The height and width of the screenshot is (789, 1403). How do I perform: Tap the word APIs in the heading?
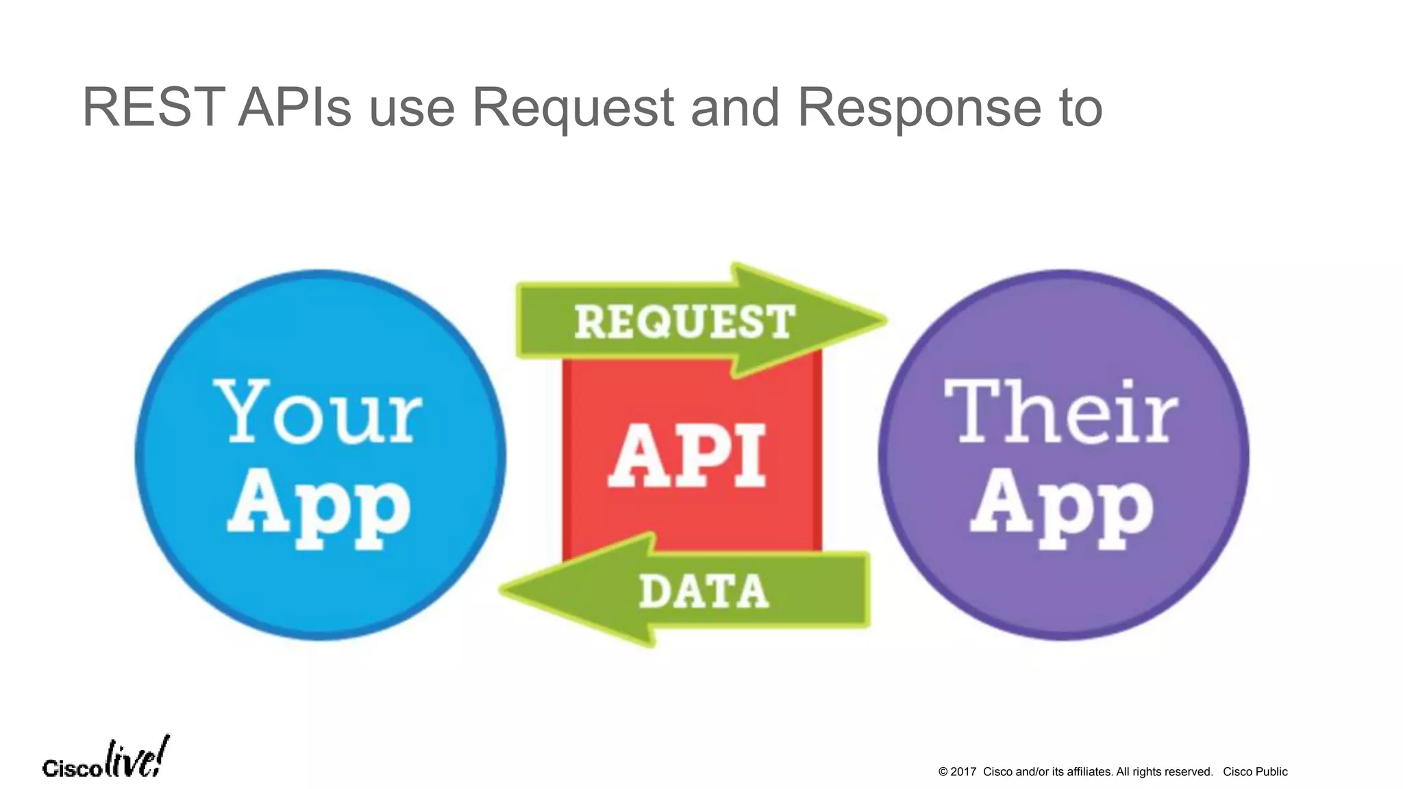coord(295,108)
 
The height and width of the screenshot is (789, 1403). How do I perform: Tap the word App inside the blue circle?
coord(319,507)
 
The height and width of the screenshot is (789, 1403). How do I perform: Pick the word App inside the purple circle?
coord(1062,507)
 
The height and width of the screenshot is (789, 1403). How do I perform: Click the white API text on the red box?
coord(687,455)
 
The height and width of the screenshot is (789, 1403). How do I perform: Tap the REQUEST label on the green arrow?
coord(684,322)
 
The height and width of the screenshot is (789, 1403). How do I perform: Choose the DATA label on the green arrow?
coord(704,592)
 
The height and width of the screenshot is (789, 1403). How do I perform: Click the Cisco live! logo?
coord(105,760)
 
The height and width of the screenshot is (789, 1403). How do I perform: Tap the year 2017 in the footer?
coord(963,772)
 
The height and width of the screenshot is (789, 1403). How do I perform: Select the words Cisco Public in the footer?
coord(1255,772)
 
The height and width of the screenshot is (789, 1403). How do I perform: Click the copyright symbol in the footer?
coord(943,772)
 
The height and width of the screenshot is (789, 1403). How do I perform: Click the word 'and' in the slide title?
coord(734,108)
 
